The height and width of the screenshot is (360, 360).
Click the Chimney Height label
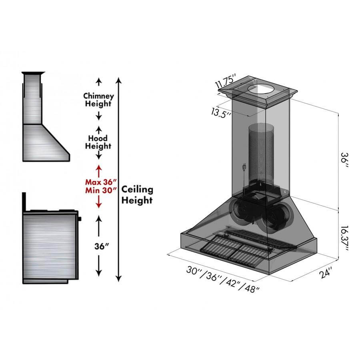tap(98, 100)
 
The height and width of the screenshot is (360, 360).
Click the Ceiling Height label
tap(137, 194)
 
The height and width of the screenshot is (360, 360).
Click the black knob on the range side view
tap(80, 219)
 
